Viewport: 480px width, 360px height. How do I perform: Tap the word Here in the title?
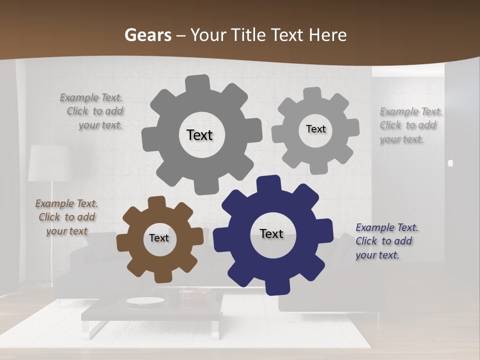[327, 35]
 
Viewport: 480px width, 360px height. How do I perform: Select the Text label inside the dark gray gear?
[199, 135]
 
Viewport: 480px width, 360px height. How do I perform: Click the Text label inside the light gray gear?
[315, 129]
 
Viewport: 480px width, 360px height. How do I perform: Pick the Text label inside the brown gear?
[159, 238]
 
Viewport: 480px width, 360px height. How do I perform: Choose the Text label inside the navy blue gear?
[271, 233]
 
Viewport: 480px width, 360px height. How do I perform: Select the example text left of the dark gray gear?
[93, 111]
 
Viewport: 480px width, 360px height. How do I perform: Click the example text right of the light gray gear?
[410, 125]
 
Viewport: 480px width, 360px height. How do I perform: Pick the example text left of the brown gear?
[66, 217]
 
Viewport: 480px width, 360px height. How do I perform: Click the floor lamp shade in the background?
[47, 163]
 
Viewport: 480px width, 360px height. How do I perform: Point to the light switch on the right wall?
[450, 163]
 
